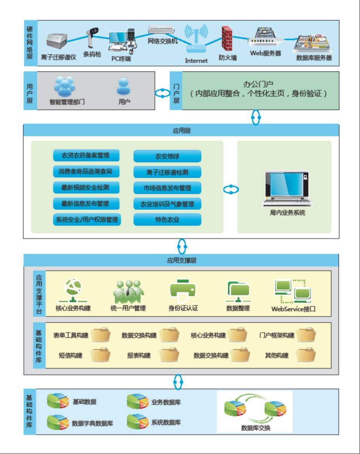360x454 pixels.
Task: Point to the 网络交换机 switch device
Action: pyautogui.click(x=162, y=30)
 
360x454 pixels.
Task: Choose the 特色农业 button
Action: pyautogui.click(x=167, y=219)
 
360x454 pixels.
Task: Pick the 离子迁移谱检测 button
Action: pyautogui.click(x=167, y=172)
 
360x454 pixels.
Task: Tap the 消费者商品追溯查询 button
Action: pyautogui.click(x=87, y=171)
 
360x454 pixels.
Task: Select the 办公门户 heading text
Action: pyautogui.click(x=258, y=84)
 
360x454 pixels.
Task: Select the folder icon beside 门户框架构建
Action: pyautogui.click(x=305, y=334)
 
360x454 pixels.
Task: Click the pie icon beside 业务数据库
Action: pyautogui.click(x=137, y=402)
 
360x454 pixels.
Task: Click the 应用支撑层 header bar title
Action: pyautogui.click(x=182, y=260)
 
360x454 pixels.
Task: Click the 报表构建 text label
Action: pyautogui.click(x=139, y=355)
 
